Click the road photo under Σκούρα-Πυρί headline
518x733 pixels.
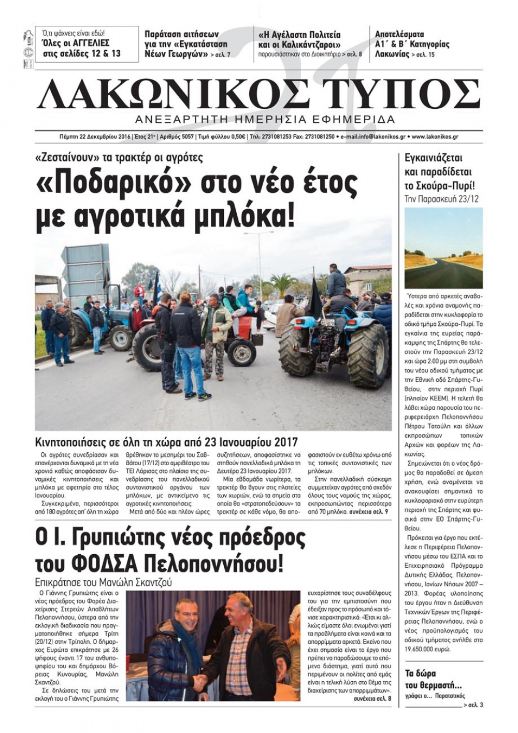tap(443, 248)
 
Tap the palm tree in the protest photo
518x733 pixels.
tap(283, 284)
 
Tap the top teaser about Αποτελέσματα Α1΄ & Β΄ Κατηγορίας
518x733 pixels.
tap(412, 45)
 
